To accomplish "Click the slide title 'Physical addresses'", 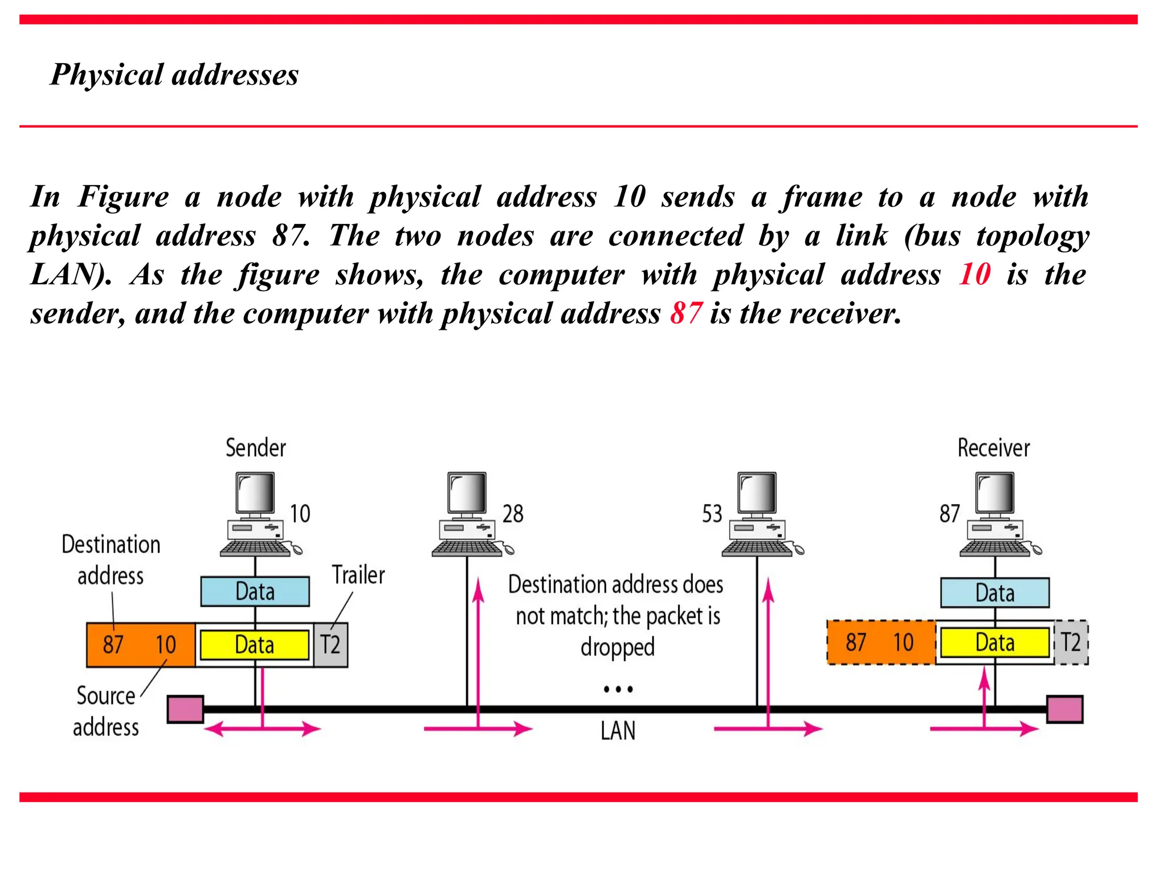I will (174, 75).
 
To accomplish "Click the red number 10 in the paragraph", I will (974, 274).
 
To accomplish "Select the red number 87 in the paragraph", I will (685, 313).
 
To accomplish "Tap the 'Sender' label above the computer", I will (255, 448).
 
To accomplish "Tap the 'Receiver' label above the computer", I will (993, 448).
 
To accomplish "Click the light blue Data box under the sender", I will (255, 591).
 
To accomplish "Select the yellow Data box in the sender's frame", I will (255, 645).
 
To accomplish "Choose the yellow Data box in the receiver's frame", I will (994, 643).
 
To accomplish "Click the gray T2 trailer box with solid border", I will (330, 645).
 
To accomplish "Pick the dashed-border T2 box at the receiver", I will (1071, 643).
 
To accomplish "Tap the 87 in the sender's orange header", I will (113, 645).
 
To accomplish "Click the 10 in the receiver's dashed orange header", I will (903, 643).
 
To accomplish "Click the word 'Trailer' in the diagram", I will (358, 575).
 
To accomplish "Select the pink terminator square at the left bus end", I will (185, 709).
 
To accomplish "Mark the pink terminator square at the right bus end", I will (1064, 709).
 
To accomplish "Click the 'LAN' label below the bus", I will (618, 731).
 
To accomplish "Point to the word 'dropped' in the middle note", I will (618, 648).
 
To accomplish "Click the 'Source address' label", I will (106, 712).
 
